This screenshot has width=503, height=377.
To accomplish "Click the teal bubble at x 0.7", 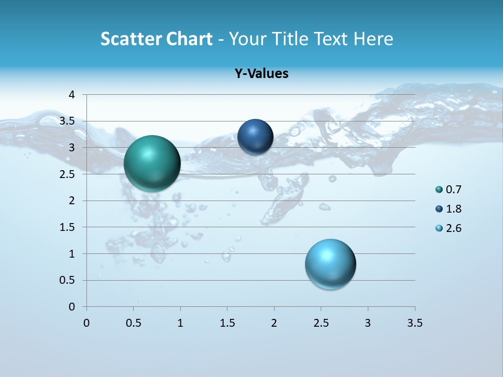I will click(152, 163).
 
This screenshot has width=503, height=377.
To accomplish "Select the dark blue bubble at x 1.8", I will click(255, 137).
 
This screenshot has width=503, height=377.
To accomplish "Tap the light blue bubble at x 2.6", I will click(330, 264).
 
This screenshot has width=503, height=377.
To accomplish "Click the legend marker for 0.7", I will click(439, 190).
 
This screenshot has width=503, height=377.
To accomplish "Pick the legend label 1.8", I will click(453, 209).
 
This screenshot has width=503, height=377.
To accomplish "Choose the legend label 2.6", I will click(453, 228).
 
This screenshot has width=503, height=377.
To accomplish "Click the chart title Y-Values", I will click(261, 73).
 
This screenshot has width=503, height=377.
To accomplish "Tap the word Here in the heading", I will click(373, 39).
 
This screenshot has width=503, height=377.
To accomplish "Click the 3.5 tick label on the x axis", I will click(414, 323).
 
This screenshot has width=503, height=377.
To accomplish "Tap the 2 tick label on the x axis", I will click(274, 323).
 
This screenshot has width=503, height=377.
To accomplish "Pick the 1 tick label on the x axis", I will click(180, 323).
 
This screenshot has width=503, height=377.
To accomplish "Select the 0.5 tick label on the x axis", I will click(134, 323).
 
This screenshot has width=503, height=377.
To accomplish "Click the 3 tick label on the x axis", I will click(368, 323).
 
